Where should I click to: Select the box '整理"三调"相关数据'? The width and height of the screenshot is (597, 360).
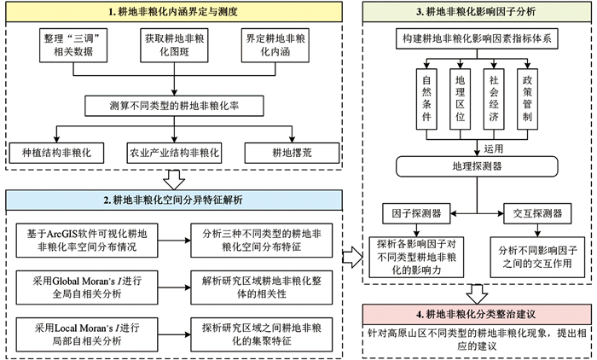tap(60, 47)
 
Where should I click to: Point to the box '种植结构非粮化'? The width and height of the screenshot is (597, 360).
tap(56, 154)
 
